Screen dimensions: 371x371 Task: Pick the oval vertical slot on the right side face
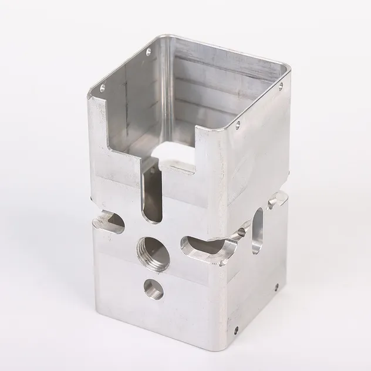coord(258,232)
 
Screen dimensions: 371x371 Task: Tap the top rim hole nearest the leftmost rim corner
coord(102,89)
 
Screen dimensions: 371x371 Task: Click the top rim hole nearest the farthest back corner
coord(147,51)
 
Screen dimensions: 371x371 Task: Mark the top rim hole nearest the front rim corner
coord(238,124)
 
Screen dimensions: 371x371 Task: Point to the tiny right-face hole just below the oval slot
coord(276,287)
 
